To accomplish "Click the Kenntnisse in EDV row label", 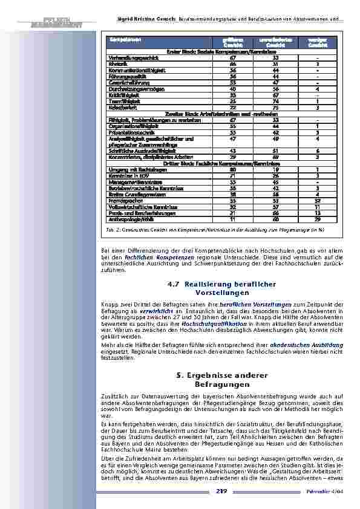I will click(125, 175).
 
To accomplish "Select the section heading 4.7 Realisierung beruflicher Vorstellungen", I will click(223, 288).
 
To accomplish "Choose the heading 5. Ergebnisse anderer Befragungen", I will click(223, 380).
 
